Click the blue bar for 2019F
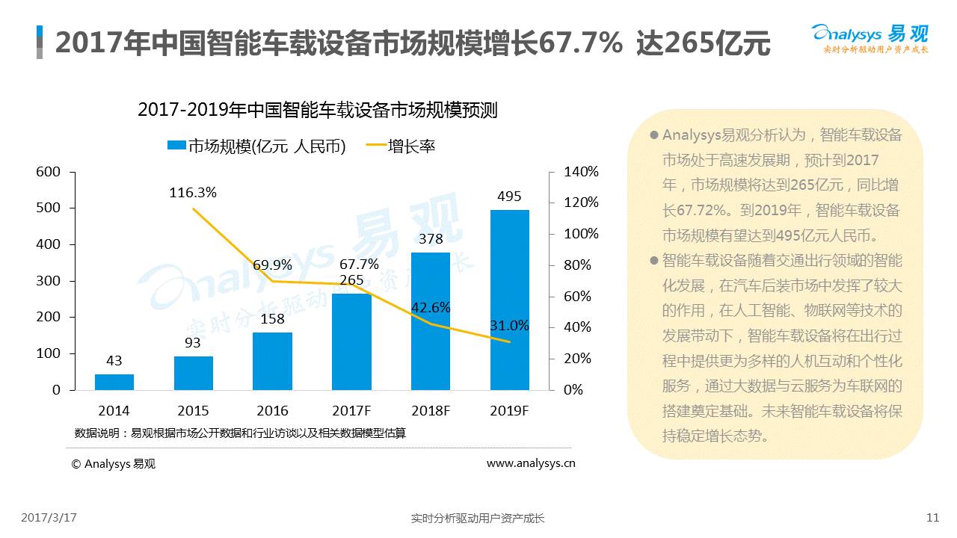click(x=509, y=300)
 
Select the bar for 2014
click(x=114, y=382)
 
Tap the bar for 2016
click(x=272, y=361)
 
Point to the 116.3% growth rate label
click(x=193, y=193)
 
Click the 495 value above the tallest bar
click(x=509, y=197)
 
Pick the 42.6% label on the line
click(x=431, y=307)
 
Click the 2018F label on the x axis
click(x=430, y=411)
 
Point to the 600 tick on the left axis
click(x=49, y=172)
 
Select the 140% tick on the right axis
click(x=581, y=172)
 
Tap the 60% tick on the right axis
click(x=577, y=297)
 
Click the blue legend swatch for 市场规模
click(x=176, y=146)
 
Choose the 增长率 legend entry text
click(x=411, y=146)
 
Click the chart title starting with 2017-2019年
click(x=318, y=110)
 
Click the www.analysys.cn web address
click(x=531, y=463)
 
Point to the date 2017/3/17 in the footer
click(x=49, y=517)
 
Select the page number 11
click(x=932, y=517)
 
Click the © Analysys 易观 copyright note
click(x=114, y=463)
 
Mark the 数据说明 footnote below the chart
click(x=240, y=433)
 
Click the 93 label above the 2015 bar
click(x=193, y=343)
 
